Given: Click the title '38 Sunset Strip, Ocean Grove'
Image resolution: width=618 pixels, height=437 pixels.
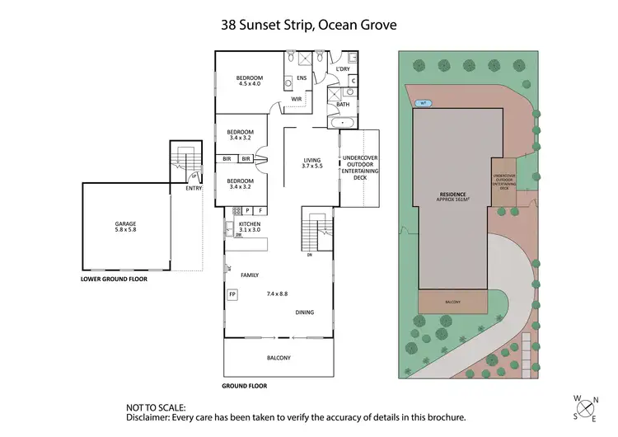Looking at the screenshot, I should point(308,25).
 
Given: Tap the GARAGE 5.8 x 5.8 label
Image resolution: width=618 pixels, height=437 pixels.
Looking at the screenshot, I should point(125,228).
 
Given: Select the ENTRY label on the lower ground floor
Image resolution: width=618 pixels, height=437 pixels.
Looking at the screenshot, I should point(194,188).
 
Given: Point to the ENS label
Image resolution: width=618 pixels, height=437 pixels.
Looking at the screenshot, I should point(302,78).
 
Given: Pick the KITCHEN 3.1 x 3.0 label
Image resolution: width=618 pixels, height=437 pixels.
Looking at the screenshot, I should point(250,227).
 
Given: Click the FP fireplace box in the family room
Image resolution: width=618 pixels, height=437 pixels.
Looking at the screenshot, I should point(232,294).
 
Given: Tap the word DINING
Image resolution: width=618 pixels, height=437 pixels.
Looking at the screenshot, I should point(306,312).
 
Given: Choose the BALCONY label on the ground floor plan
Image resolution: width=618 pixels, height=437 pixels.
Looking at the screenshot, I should point(279,357).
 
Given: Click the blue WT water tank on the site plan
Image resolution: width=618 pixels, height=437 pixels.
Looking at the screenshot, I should point(424,103).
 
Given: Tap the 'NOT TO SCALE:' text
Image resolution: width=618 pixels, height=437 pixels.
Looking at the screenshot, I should point(157,407).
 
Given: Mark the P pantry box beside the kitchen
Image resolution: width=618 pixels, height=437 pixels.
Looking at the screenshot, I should point(246,210).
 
